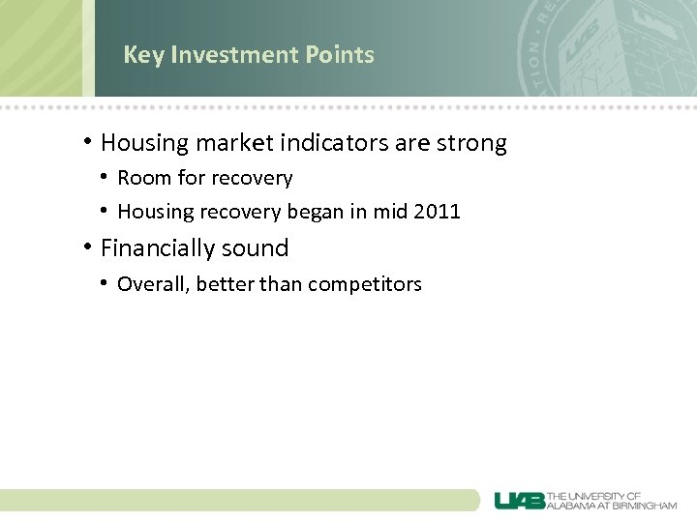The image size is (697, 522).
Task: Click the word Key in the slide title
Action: pyautogui.click(x=143, y=55)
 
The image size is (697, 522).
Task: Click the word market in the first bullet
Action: pyautogui.click(x=233, y=143)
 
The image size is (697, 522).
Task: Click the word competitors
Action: pyautogui.click(x=368, y=284)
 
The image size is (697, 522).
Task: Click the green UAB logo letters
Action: pyautogui.click(x=519, y=500)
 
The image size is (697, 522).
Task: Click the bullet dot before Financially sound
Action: pyautogui.click(x=88, y=247)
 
